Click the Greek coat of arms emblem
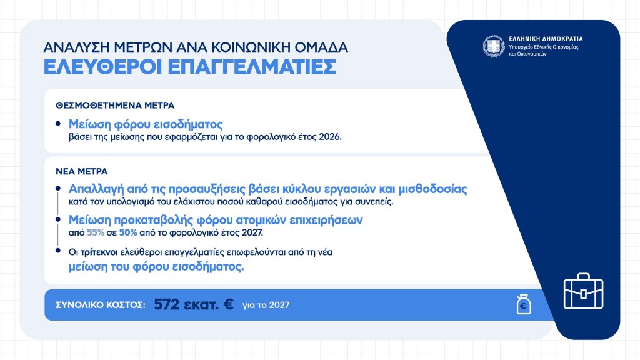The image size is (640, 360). coord(494,46)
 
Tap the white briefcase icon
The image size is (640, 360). coord(583,291)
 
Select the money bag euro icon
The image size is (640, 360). coord(524,304)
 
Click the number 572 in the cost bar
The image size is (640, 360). coord(166,304)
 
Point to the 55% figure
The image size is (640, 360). coord(96,232)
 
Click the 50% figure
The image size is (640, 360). coord(128,232)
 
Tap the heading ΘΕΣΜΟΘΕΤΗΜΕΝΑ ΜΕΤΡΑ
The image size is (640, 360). coord(115,105)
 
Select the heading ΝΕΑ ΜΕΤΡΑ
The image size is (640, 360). coord(82,171)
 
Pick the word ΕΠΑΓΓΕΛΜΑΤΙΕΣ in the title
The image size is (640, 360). coord(252,67)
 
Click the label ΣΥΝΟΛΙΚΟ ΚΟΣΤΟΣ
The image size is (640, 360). coord(101,305)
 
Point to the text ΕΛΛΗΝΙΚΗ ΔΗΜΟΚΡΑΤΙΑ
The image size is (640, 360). coord(546,39)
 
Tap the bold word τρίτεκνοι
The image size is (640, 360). coord(99,252)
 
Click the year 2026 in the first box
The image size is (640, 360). coord(330,137)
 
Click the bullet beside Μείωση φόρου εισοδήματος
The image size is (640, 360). coord(58,123)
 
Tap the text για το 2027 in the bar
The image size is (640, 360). coord(266,305)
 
